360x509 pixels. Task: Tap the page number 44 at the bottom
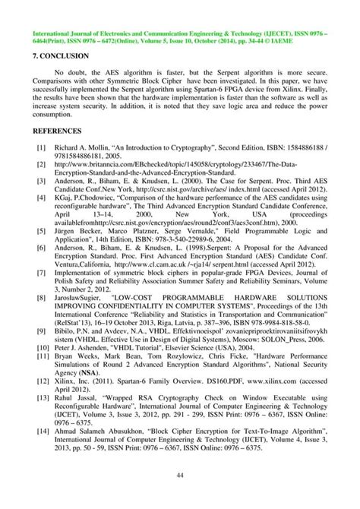[x=179, y=476]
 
